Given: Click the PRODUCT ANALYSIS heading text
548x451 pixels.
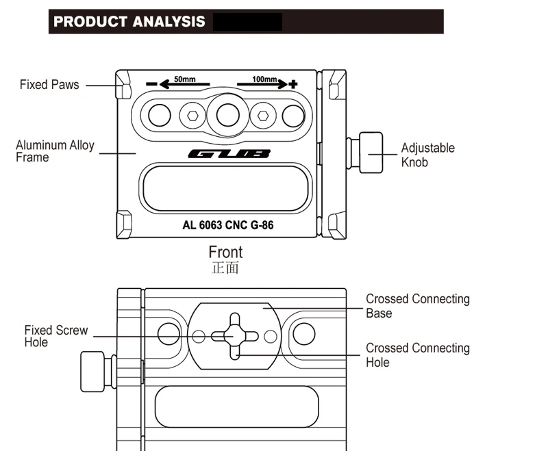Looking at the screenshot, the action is [x=129, y=22].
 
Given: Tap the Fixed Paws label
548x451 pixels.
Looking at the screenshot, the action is [x=49, y=85].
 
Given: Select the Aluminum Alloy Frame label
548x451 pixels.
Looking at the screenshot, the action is [x=55, y=151].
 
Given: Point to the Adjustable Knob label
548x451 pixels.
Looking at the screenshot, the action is [x=427, y=155].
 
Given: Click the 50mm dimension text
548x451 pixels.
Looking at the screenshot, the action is [x=185, y=79].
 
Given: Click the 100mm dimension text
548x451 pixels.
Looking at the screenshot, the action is [x=264, y=79].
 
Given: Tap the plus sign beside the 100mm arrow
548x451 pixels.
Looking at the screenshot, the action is [x=293, y=83].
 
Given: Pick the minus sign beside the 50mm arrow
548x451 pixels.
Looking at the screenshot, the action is [x=151, y=83].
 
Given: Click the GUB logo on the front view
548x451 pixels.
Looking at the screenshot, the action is [x=229, y=153].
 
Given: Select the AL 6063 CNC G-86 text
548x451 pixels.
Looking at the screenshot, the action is [x=228, y=225].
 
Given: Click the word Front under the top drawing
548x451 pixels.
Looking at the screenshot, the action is [x=225, y=252].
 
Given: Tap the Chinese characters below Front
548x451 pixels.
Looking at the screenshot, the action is [x=225, y=268].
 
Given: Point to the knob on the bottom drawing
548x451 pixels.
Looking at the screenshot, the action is [x=99, y=372].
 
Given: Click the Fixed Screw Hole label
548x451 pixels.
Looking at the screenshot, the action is [x=56, y=336].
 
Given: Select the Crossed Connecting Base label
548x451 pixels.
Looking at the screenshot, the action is [x=418, y=306].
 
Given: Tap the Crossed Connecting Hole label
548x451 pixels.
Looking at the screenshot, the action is [x=418, y=355].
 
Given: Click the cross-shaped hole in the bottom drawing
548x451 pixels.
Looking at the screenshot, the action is [x=235, y=336].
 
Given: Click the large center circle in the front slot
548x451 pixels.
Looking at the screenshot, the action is [x=228, y=115].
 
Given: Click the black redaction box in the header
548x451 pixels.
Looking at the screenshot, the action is [x=247, y=22].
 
